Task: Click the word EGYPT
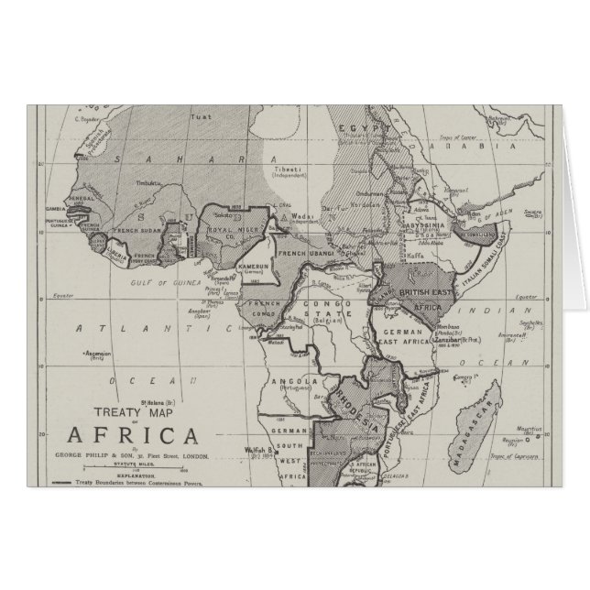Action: (354, 129)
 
